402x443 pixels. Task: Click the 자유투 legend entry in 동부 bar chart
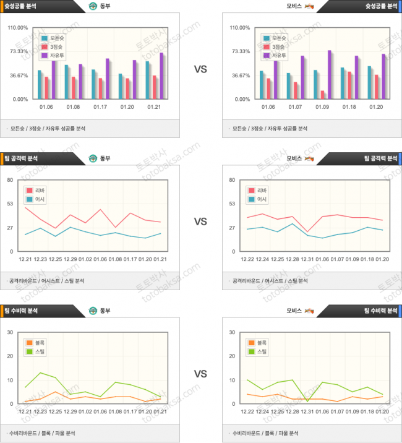[x=53, y=56]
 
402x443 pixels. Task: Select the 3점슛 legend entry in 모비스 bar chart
[x=275, y=47]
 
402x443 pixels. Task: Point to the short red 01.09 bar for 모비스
[x=322, y=95]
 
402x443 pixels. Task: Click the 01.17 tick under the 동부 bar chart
[x=100, y=107]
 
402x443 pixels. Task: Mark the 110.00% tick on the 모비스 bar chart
[x=240, y=28]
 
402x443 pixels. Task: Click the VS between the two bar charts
[x=200, y=69]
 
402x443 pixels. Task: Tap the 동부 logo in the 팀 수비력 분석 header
[x=93, y=311]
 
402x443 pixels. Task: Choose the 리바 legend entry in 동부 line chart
[x=36, y=190]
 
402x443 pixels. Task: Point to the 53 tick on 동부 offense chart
[x=11, y=204]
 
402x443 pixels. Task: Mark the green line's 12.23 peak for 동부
[x=40, y=373]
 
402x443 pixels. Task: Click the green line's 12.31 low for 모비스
[x=307, y=402]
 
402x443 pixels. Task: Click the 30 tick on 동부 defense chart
[x=11, y=333]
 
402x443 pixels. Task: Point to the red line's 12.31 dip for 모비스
[x=307, y=232]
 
